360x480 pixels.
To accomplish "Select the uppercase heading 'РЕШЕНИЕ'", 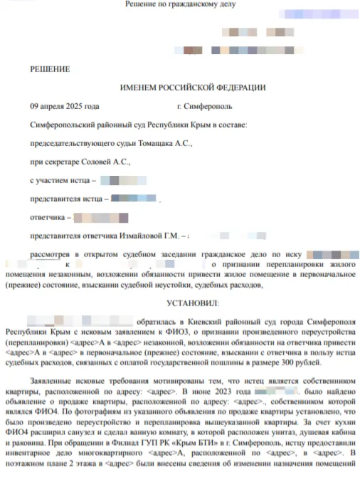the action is point(49,69).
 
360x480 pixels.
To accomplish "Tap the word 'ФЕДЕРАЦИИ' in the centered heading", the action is point(235,88).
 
